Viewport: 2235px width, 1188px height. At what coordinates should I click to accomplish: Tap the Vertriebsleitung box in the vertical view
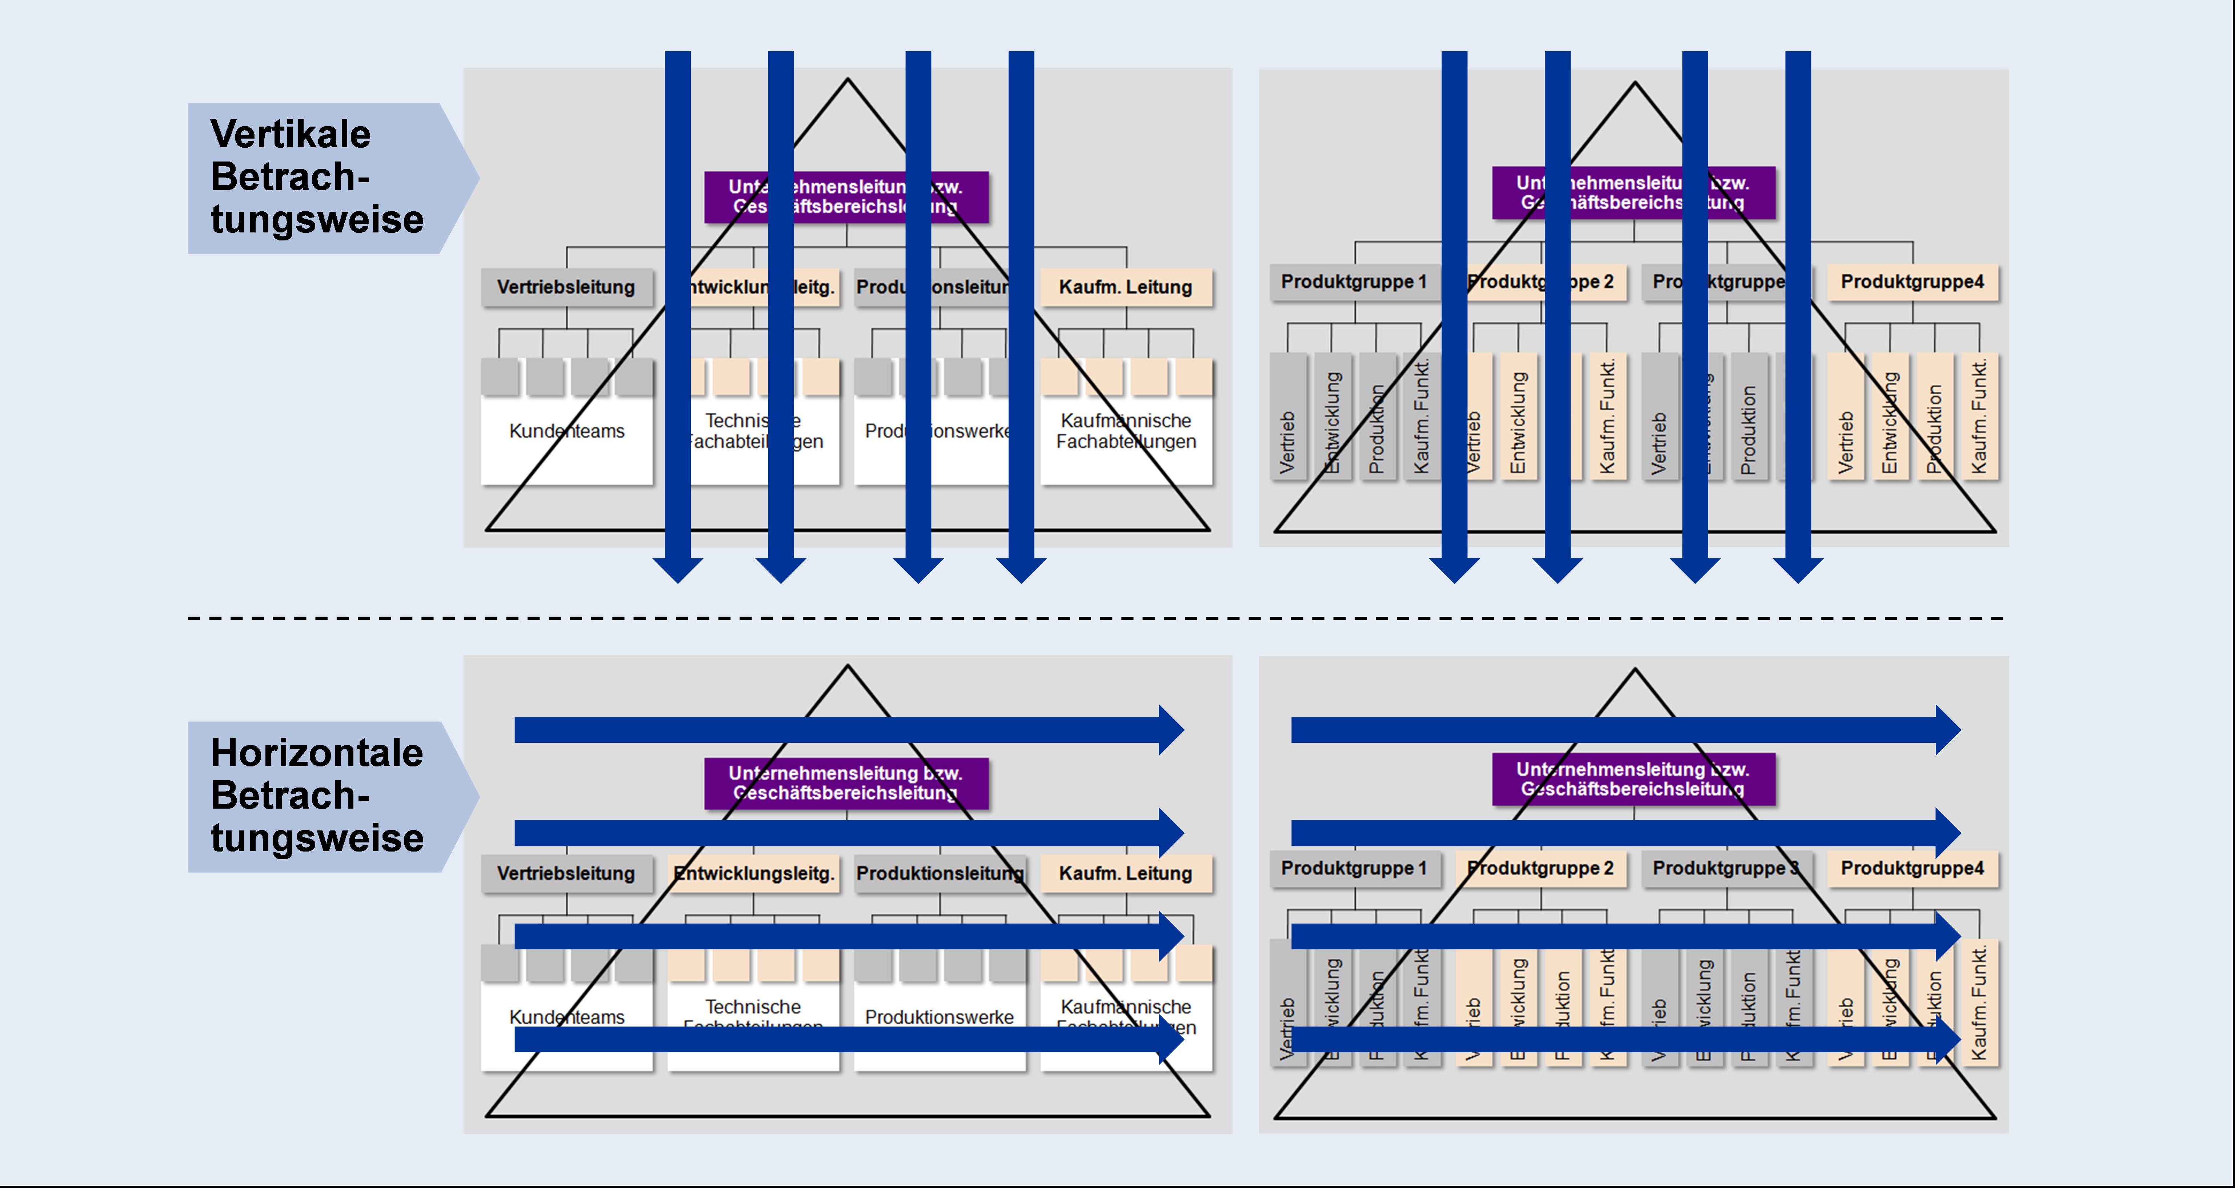(x=566, y=287)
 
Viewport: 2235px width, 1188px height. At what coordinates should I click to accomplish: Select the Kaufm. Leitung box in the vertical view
(x=1125, y=287)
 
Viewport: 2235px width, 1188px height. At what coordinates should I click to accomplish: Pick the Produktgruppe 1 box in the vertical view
(x=1354, y=282)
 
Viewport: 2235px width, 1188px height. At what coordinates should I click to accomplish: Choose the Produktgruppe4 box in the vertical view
(x=1912, y=282)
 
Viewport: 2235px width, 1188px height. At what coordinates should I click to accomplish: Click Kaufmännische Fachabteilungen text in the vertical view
(x=1125, y=431)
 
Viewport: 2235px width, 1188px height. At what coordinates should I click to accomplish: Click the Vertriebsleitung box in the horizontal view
(x=566, y=874)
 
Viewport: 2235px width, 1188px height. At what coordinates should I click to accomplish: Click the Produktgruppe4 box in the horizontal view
(x=1912, y=869)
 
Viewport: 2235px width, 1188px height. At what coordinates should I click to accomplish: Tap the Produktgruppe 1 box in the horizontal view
(x=1354, y=869)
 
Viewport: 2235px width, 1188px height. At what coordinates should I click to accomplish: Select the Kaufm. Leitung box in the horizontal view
(x=1125, y=874)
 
